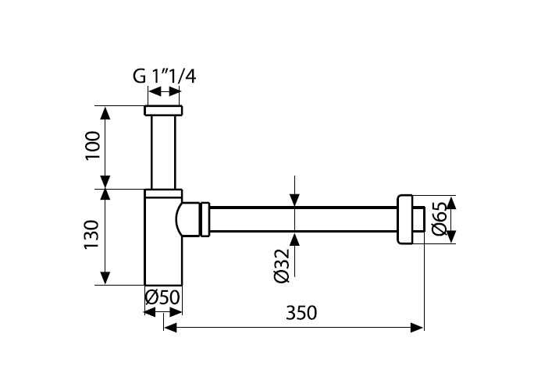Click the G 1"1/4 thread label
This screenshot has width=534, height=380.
[164, 76]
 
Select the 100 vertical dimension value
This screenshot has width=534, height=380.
[92, 146]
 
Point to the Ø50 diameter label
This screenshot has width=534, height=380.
[163, 298]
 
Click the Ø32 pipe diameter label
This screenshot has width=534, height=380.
[283, 265]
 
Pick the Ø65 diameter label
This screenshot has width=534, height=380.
[439, 218]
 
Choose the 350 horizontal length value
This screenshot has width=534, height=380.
[301, 313]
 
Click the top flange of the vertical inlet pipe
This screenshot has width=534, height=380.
[164, 110]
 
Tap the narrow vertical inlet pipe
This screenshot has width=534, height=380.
[164, 151]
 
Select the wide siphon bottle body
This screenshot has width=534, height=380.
[162, 250]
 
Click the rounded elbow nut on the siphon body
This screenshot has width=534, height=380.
[190, 218]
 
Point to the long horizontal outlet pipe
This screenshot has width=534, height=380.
[304, 218]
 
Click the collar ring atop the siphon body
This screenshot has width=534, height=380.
[164, 193]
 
